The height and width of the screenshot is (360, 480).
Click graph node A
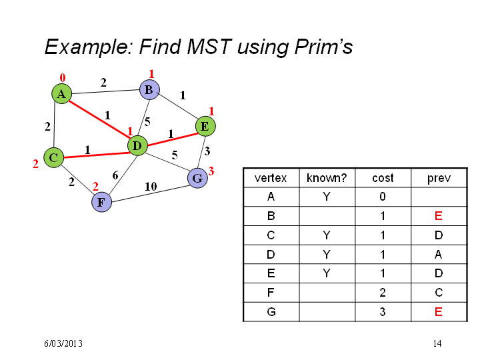61,94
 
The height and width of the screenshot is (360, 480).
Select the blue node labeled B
149,90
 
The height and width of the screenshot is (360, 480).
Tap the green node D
137,146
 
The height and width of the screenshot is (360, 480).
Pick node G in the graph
197,178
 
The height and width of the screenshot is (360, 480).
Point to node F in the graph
101,202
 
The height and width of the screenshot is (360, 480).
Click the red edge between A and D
99,120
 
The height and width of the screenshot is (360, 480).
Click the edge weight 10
151,187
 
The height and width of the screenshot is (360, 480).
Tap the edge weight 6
115,175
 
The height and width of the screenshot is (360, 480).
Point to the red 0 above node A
63,78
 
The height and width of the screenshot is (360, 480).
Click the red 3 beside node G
211,171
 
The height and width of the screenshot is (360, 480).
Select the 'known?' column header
327,178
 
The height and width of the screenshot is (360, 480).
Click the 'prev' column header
439,179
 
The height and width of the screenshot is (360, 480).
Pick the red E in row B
439,216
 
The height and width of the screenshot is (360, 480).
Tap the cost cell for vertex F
383,293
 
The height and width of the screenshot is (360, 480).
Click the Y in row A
327,197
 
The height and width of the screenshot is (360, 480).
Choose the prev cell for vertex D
439,255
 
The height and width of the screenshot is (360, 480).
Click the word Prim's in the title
323,47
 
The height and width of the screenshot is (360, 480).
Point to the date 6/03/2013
63,343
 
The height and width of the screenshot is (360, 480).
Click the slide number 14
437,343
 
